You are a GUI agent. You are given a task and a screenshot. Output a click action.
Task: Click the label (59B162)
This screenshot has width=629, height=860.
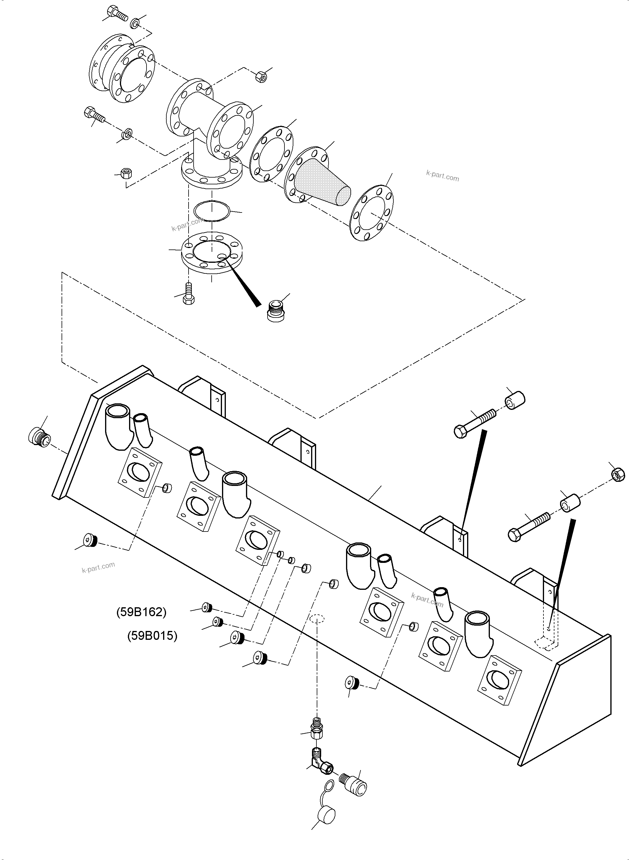point(141,612)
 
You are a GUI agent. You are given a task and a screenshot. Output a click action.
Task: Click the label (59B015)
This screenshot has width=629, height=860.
point(152,636)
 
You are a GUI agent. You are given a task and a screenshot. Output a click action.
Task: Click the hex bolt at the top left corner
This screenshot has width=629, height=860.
point(117,14)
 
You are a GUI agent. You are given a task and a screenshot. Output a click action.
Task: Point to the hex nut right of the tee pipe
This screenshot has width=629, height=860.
point(262,76)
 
